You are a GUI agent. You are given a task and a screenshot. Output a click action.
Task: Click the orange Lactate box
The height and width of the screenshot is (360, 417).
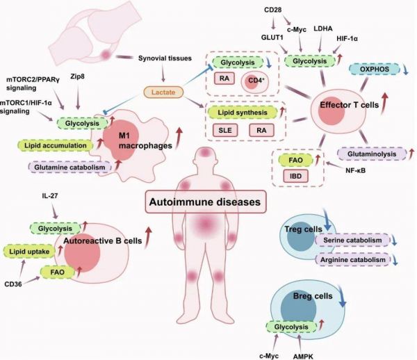[163, 92]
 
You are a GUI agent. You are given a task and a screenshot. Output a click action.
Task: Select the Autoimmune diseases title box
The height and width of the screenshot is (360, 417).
[206, 202]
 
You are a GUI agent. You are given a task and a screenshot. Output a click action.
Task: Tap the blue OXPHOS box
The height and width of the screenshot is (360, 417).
[375, 69]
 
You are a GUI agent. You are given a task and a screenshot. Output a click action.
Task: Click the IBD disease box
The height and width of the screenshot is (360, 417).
[295, 176]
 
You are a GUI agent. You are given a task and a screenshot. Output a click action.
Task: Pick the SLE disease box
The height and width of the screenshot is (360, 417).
[225, 130]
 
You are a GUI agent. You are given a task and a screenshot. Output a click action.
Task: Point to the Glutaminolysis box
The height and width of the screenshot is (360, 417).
[372, 154]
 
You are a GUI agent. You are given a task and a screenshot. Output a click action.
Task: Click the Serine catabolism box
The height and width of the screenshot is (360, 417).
[352, 240]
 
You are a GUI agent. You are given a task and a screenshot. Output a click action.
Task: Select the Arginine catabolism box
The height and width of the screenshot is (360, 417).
[352, 260]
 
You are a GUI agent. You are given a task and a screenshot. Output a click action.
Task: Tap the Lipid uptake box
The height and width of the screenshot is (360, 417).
[29, 252]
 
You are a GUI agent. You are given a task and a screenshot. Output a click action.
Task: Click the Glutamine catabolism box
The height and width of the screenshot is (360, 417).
[69, 167]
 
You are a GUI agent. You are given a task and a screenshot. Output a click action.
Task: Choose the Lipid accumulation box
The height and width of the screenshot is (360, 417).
[56, 145]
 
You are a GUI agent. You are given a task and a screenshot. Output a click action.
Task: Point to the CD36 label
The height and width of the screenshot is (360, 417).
[13, 284]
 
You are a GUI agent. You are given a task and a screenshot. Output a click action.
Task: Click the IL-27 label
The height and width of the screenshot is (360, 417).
[50, 196]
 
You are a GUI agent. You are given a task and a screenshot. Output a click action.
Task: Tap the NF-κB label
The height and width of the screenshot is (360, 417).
[356, 170]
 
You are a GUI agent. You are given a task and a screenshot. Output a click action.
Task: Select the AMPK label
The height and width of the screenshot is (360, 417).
[303, 357]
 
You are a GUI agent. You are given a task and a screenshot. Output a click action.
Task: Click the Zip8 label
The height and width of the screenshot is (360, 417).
[78, 77]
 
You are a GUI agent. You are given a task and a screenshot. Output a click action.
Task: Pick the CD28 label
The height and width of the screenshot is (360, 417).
[273, 10]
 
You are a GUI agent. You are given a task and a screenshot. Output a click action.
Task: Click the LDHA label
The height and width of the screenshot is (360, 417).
[323, 28]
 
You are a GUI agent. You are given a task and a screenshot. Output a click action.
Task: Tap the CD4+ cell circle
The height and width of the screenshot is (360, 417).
[255, 81]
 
